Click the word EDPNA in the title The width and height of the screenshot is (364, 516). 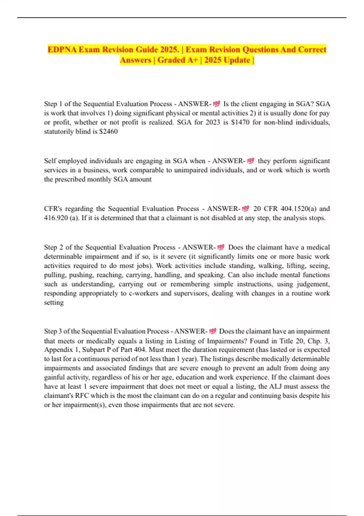click(62, 49)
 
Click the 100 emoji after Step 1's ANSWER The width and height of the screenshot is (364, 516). click(217, 104)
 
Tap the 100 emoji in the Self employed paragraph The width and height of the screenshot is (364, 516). click(251, 161)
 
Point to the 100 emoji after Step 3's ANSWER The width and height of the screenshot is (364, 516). click(213, 331)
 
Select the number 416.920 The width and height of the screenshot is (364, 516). click(56, 218)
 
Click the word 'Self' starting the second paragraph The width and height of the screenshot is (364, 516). click(50, 161)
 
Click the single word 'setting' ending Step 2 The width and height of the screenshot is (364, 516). click(54, 302)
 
